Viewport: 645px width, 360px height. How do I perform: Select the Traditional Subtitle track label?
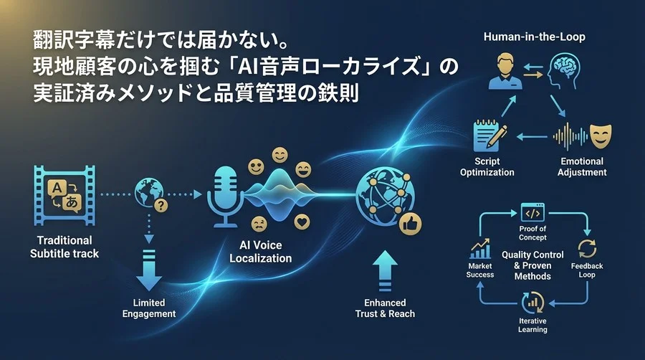[65, 247]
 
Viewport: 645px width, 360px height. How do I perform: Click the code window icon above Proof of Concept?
[532, 213]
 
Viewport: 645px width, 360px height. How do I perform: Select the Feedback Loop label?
[587, 270]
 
